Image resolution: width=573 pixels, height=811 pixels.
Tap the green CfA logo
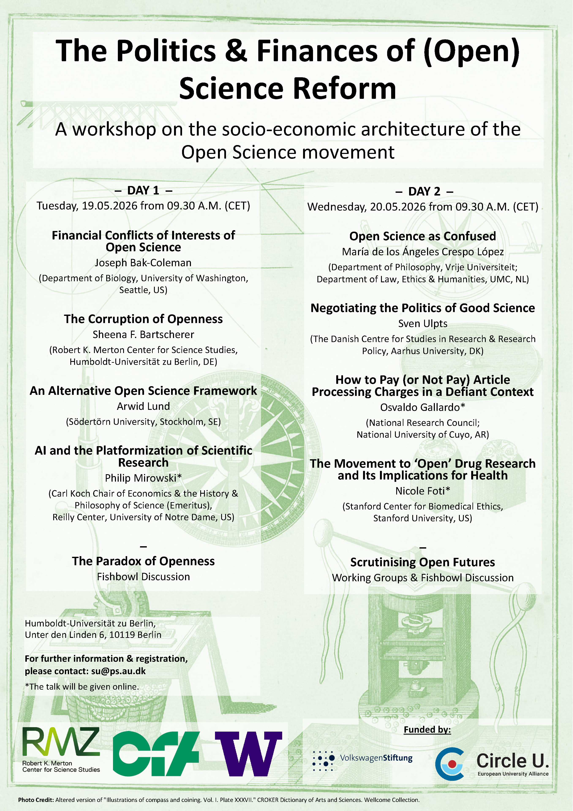click(x=158, y=753)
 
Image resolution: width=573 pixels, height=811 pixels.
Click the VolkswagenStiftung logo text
click(x=376, y=758)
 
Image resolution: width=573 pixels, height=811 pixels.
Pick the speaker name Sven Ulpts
click(x=422, y=323)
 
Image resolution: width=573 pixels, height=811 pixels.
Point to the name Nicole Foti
click(x=420, y=491)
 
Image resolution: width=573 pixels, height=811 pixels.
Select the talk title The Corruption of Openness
click(x=143, y=319)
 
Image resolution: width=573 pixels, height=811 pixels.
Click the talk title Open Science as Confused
click(x=422, y=236)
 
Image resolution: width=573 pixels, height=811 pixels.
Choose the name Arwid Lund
click(x=143, y=406)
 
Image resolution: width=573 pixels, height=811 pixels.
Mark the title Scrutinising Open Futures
click(x=422, y=562)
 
